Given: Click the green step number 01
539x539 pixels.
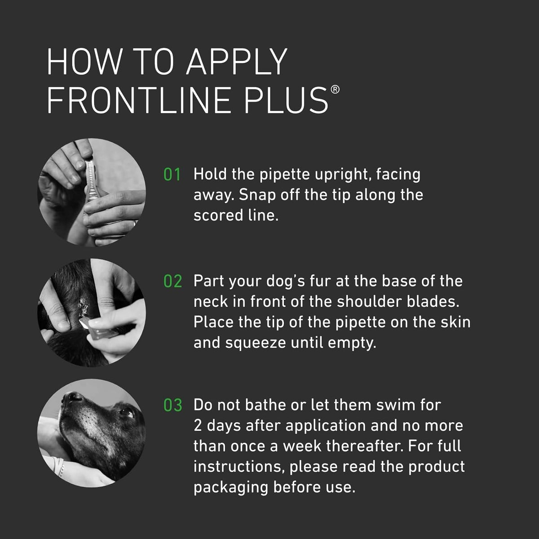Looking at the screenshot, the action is [172, 175].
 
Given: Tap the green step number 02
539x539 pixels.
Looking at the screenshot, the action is [172, 281].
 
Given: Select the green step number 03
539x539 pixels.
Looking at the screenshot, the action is [172, 405].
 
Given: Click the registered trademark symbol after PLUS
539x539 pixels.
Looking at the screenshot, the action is [335, 90].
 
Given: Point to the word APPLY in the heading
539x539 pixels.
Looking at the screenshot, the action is [237, 61].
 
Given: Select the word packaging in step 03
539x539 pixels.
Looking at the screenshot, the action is [231, 489].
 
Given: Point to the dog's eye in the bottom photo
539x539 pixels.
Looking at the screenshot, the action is [127, 412].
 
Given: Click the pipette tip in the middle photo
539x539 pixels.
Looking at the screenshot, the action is [83, 322].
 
